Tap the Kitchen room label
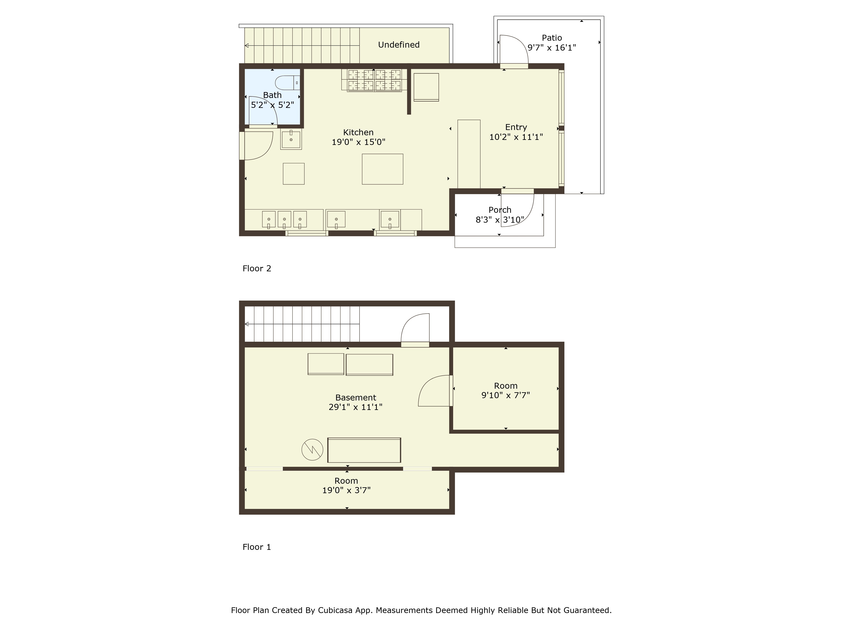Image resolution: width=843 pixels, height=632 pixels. click(358, 132)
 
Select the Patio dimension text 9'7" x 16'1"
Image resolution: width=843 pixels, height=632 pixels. click(552, 48)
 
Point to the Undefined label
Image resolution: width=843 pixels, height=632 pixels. click(399, 45)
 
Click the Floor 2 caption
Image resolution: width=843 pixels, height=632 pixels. click(257, 269)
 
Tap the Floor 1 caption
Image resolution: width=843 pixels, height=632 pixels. click(257, 547)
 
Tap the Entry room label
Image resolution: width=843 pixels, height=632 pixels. click(516, 127)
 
